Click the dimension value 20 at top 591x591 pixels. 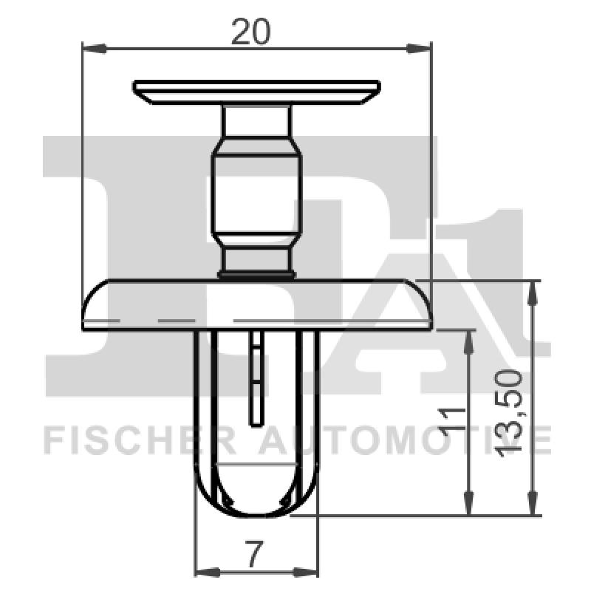pos(251,32)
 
